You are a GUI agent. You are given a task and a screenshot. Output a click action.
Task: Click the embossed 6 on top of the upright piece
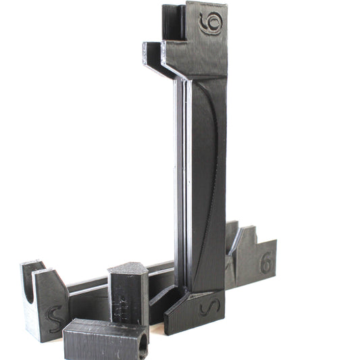[211, 24]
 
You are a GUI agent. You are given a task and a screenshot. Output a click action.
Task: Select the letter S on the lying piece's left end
[53, 315]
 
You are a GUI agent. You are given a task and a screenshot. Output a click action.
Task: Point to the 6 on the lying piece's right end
[266, 263]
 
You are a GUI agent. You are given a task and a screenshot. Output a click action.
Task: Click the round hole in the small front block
[142, 345]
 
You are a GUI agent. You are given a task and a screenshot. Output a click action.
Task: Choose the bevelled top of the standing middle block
[128, 268]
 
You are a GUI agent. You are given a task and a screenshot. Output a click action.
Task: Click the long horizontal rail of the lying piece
[88, 287]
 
